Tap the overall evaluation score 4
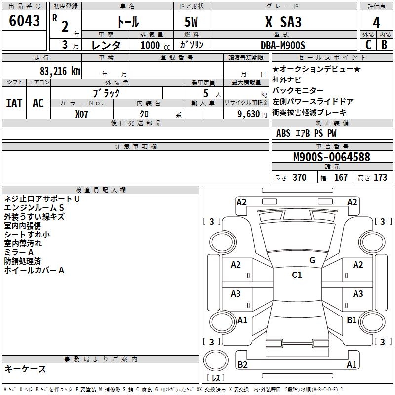377,22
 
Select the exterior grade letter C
368,44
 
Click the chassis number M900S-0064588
331,158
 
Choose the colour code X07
82,114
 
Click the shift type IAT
14,103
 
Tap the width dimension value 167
341,177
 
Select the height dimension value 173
380,177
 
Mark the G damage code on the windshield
312,260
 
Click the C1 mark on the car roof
297,275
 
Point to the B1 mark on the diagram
352,320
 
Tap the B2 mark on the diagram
242,364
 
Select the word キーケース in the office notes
25,369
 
